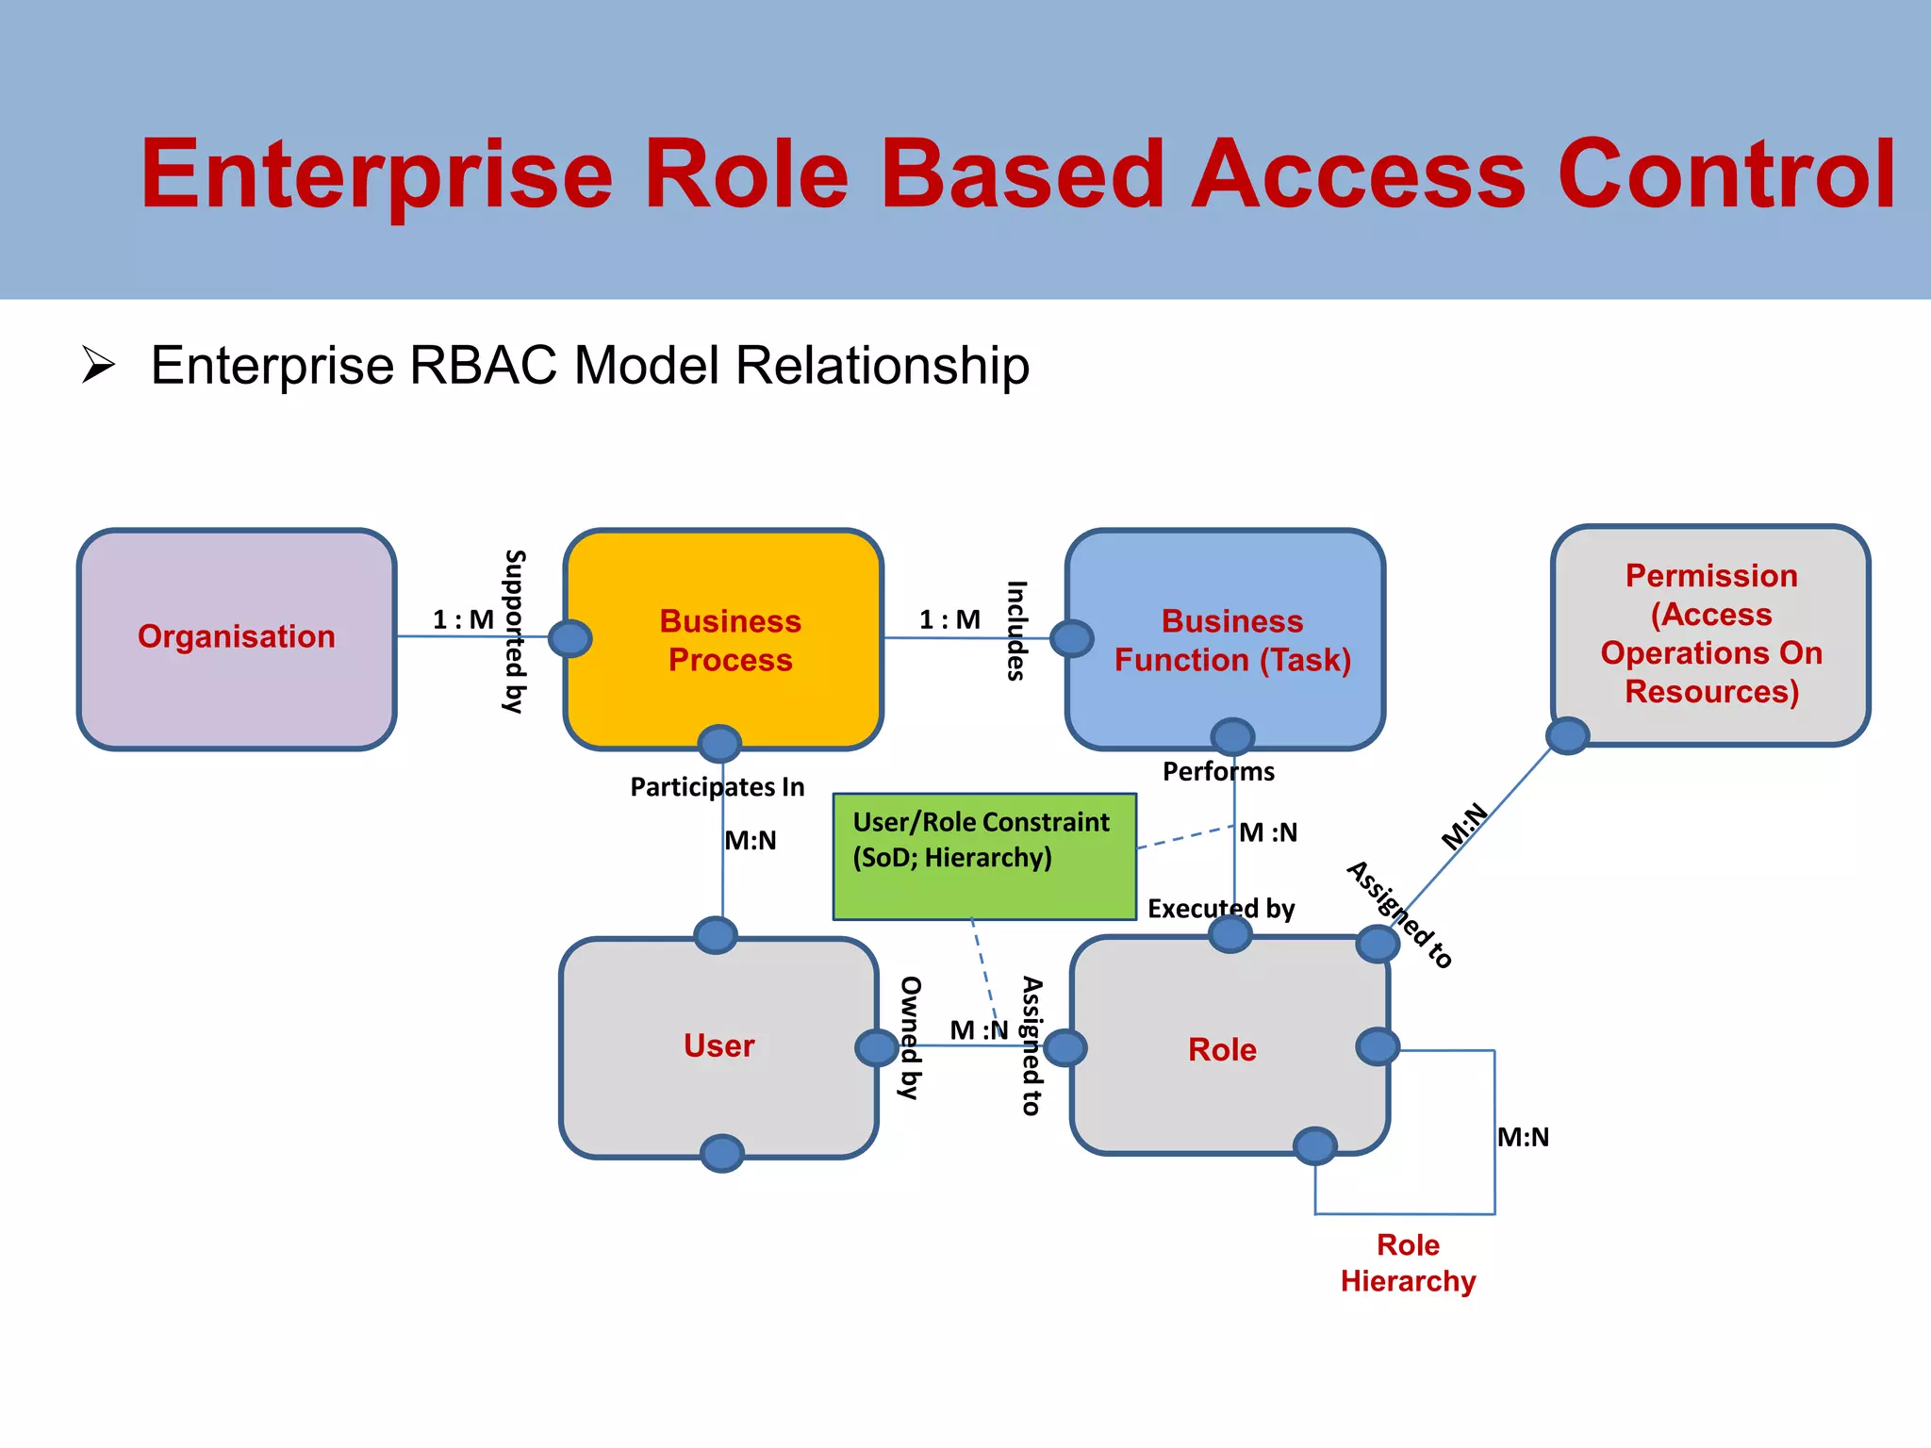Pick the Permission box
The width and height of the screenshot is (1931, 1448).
point(1710,633)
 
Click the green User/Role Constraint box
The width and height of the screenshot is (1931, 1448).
point(983,856)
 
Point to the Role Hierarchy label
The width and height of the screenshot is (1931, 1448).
point(1408,1263)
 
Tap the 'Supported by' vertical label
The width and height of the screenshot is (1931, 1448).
point(514,631)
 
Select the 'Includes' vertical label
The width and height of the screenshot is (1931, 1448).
point(1015,630)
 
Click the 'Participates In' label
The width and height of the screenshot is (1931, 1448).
point(717,786)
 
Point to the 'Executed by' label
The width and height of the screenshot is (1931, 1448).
point(1220,908)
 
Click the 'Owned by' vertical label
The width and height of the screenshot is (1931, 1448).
point(910,1037)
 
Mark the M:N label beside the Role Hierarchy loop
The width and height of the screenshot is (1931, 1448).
point(1523,1137)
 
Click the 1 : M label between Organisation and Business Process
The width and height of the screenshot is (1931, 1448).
point(463,619)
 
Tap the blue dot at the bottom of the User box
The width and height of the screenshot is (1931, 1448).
point(722,1153)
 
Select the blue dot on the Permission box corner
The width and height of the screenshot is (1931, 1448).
point(1568,735)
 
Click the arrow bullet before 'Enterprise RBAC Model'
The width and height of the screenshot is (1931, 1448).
point(98,365)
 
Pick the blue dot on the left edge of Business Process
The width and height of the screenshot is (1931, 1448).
point(569,638)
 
